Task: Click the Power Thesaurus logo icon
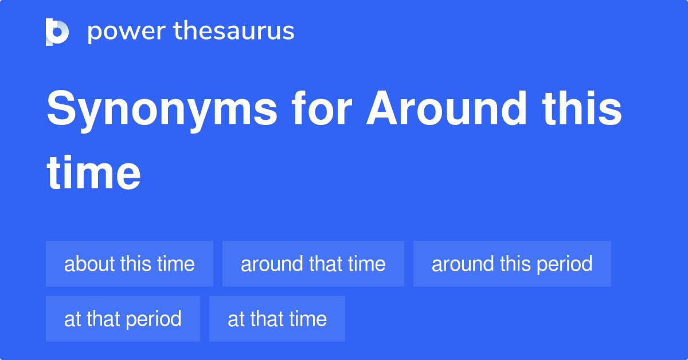pos(57,32)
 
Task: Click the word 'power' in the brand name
pos(127,32)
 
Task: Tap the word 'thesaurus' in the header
pos(234,30)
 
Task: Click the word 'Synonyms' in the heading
pos(162,110)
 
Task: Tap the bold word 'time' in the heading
pos(93,173)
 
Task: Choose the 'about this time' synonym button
pos(130,264)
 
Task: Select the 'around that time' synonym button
pos(313,264)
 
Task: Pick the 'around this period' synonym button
pos(512,264)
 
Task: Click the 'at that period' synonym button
pos(123,319)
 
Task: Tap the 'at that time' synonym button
pos(277,319)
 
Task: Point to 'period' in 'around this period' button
pos(564,264)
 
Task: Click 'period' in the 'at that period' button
pos(154,320)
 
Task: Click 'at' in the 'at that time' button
pos(236,319)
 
